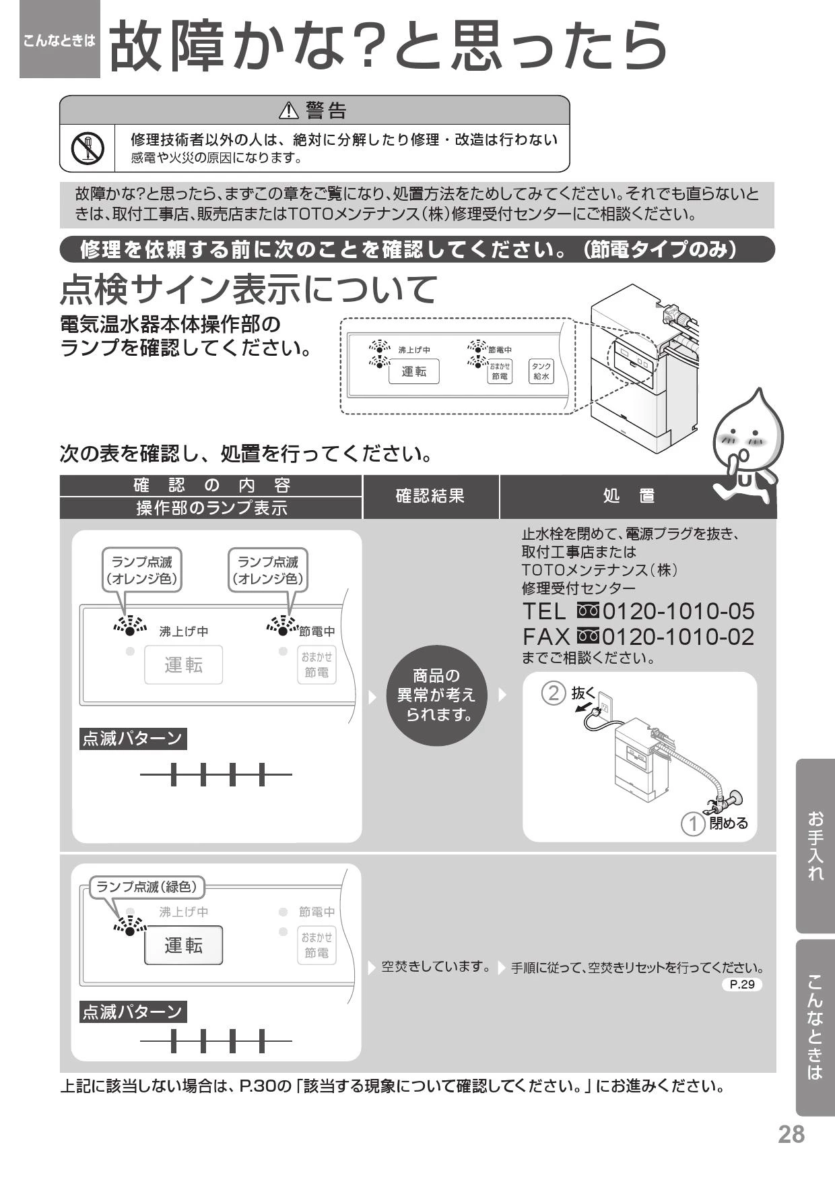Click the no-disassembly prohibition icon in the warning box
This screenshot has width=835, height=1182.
[x=88, y=148]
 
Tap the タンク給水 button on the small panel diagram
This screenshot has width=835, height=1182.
[x=541, y=370]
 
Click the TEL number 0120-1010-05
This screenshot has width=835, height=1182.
[x=678, y=611]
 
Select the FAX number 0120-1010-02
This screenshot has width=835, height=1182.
[x=678, y=637]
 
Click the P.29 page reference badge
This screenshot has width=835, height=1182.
[x=742, y=985]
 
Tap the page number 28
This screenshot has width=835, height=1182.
[x=791, y=1134]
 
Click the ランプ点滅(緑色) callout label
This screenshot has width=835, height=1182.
[x=147, y=887]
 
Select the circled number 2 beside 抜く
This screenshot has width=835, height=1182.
[x=553, y=693]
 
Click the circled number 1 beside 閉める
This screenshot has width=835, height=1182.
[x=693, y=823]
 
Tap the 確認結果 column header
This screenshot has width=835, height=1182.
[x=430, y=497]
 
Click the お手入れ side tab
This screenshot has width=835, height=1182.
[x=815, y=846]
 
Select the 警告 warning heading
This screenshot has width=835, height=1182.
[x=315, y=109]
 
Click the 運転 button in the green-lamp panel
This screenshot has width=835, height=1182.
[x=183, y=945]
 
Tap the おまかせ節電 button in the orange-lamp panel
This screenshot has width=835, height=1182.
[x=316, y=665]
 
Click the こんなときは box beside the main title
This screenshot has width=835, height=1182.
[x=60, y=40]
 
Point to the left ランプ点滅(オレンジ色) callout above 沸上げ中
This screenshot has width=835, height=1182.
[x=141, y=570]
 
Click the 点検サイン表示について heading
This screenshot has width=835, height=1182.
[x=249, y=289]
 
